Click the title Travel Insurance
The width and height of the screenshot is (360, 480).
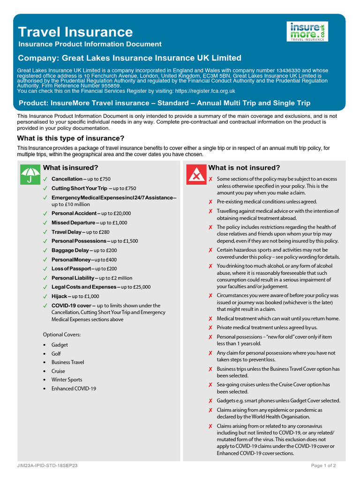[75, 32]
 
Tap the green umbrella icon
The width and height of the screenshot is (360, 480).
[30, 174]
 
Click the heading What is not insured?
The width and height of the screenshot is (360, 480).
[244, 168]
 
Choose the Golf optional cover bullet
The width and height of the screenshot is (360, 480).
[56, 353]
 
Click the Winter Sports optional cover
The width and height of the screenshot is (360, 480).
[67, 380]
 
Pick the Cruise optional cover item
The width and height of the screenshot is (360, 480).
[58, 371]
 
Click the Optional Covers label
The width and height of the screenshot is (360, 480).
[62, 335]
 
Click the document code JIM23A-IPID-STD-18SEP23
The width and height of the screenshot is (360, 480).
[47, 466]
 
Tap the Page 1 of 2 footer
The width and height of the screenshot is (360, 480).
[323, 466]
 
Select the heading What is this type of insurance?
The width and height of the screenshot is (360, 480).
[71, 138]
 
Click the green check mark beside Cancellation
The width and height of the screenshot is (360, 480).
[45, 179]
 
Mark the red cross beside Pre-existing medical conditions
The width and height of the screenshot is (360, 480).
[211, 202]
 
